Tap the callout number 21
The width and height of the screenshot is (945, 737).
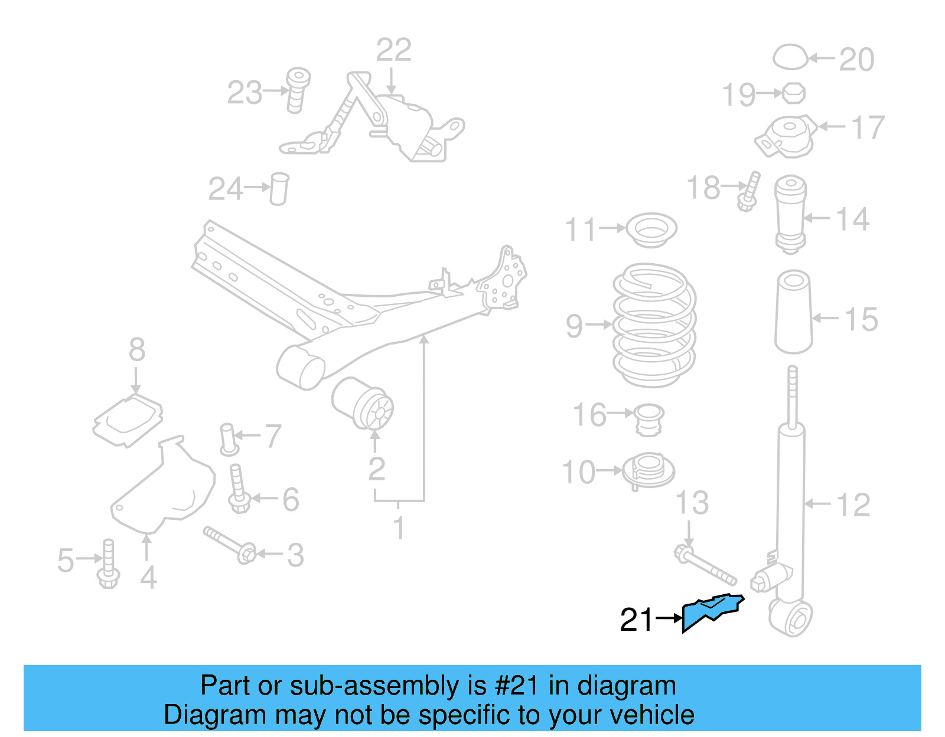[637, 620]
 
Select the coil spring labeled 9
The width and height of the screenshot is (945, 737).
[654, 325]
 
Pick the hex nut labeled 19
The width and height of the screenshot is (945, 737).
[794, 93]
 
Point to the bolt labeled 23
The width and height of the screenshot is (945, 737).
[297, 89]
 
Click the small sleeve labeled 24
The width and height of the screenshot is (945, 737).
[279, 188]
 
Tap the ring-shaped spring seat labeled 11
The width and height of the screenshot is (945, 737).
[651, 230]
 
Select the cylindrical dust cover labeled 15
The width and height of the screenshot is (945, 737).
[793, 312]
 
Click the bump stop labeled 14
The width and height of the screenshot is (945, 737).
[790, 214]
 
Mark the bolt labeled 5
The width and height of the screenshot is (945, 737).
[109, 564]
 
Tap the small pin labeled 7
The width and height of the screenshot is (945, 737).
[228, 439]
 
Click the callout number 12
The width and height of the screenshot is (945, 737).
[853, 505]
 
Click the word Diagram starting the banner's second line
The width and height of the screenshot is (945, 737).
[215, 715]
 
